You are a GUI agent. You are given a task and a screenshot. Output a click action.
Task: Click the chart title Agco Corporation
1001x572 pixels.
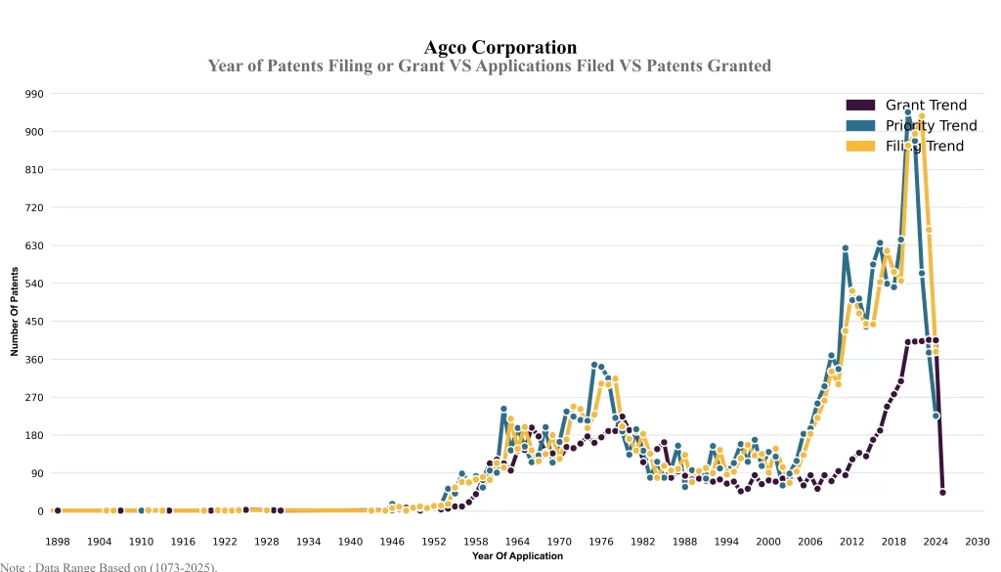500,47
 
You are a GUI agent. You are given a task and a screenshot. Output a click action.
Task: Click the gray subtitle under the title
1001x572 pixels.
489,66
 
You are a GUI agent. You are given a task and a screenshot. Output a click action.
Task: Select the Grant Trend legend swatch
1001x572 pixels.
860,106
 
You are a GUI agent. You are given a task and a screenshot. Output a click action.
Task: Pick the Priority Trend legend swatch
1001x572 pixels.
860,125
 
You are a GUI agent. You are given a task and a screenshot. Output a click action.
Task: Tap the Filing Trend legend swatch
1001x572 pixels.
860,146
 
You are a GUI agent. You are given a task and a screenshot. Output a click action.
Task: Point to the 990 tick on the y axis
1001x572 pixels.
34,94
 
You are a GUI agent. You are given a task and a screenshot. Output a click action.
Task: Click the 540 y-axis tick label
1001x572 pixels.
34,284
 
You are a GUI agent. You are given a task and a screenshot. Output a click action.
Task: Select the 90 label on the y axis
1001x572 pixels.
37,473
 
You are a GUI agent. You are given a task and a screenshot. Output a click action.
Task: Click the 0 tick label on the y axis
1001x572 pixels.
40,511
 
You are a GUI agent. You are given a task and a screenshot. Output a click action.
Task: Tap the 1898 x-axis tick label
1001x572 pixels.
58,542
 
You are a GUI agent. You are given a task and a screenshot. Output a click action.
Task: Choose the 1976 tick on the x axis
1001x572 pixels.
601,542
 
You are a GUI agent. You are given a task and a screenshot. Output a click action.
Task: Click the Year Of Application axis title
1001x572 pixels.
517,556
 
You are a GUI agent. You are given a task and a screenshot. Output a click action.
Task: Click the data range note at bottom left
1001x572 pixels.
109,566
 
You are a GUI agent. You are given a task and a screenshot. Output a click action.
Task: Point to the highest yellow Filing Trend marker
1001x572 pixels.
922,116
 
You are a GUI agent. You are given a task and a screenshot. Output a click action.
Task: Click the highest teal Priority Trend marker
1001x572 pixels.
908,112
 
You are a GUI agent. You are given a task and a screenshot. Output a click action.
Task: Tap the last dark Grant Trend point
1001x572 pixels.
942,493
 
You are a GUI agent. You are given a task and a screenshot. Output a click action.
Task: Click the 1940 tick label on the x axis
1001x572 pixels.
350,542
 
